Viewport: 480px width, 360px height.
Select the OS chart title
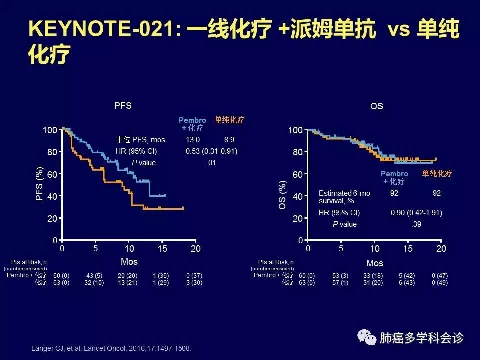click(377, 106)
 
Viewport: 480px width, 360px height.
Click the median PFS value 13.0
click(193, 140)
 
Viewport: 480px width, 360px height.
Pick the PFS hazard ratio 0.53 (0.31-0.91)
click(211, 151)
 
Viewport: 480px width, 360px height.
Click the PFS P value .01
click(211, 163)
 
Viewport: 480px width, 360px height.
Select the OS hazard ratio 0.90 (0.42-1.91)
click(416, 213)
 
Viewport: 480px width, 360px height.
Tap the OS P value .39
click(416, 224)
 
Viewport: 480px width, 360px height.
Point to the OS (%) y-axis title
click(283, 195)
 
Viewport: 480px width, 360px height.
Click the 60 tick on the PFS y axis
click(52, 174)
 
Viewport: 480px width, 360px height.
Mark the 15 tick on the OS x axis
click(408, 249)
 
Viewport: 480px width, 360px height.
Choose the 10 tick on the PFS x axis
click(129, 249)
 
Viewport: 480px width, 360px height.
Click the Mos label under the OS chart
click(375, 263)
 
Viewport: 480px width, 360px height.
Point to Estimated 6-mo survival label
click(344, 196)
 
